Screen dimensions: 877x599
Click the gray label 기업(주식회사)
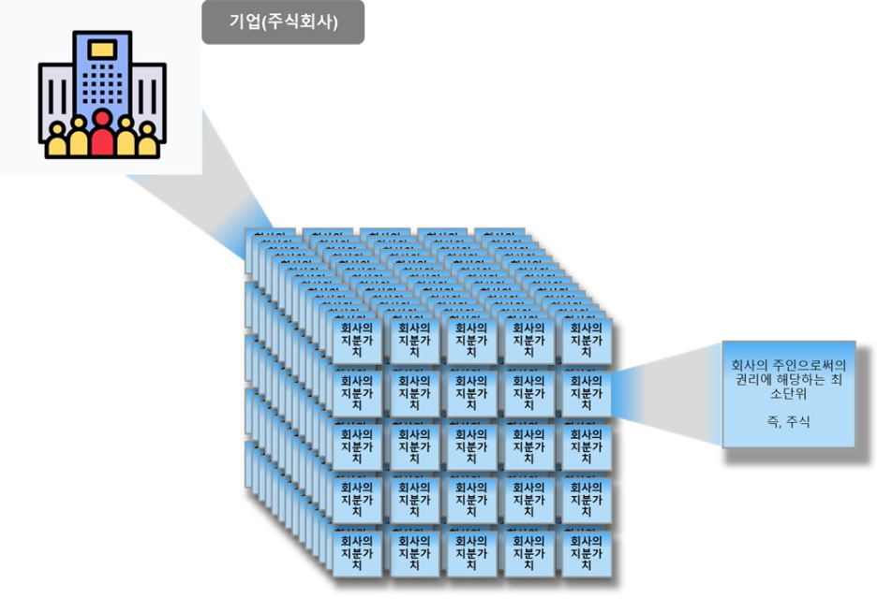click(283, 22)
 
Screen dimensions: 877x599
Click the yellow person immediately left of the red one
click(79, 139)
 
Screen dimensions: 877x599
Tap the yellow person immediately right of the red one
click(126, 139)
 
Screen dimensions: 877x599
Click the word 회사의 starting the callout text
click(750, 364)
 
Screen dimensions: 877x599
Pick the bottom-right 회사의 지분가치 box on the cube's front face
click(586, 552)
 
